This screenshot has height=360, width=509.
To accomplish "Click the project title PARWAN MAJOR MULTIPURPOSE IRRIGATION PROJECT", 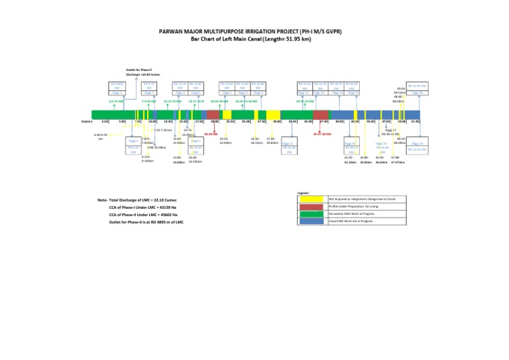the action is (x=254, y=31).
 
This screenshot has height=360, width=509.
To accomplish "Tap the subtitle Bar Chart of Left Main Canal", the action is (x=254, y=38).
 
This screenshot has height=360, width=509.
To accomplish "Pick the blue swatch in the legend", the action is (x=311, y=221).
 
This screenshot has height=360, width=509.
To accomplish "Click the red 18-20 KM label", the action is (x=211, y=133).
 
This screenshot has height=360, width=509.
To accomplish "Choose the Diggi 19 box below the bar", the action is (x=417, y=143).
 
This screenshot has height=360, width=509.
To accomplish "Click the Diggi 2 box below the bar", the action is (x=131, y=141).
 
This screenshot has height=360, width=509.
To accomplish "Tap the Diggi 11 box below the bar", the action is (x=288, y=143).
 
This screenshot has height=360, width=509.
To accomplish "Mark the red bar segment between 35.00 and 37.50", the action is (x=321, y=114).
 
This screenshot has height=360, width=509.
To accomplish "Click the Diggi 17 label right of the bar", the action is (x=390, y=131).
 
